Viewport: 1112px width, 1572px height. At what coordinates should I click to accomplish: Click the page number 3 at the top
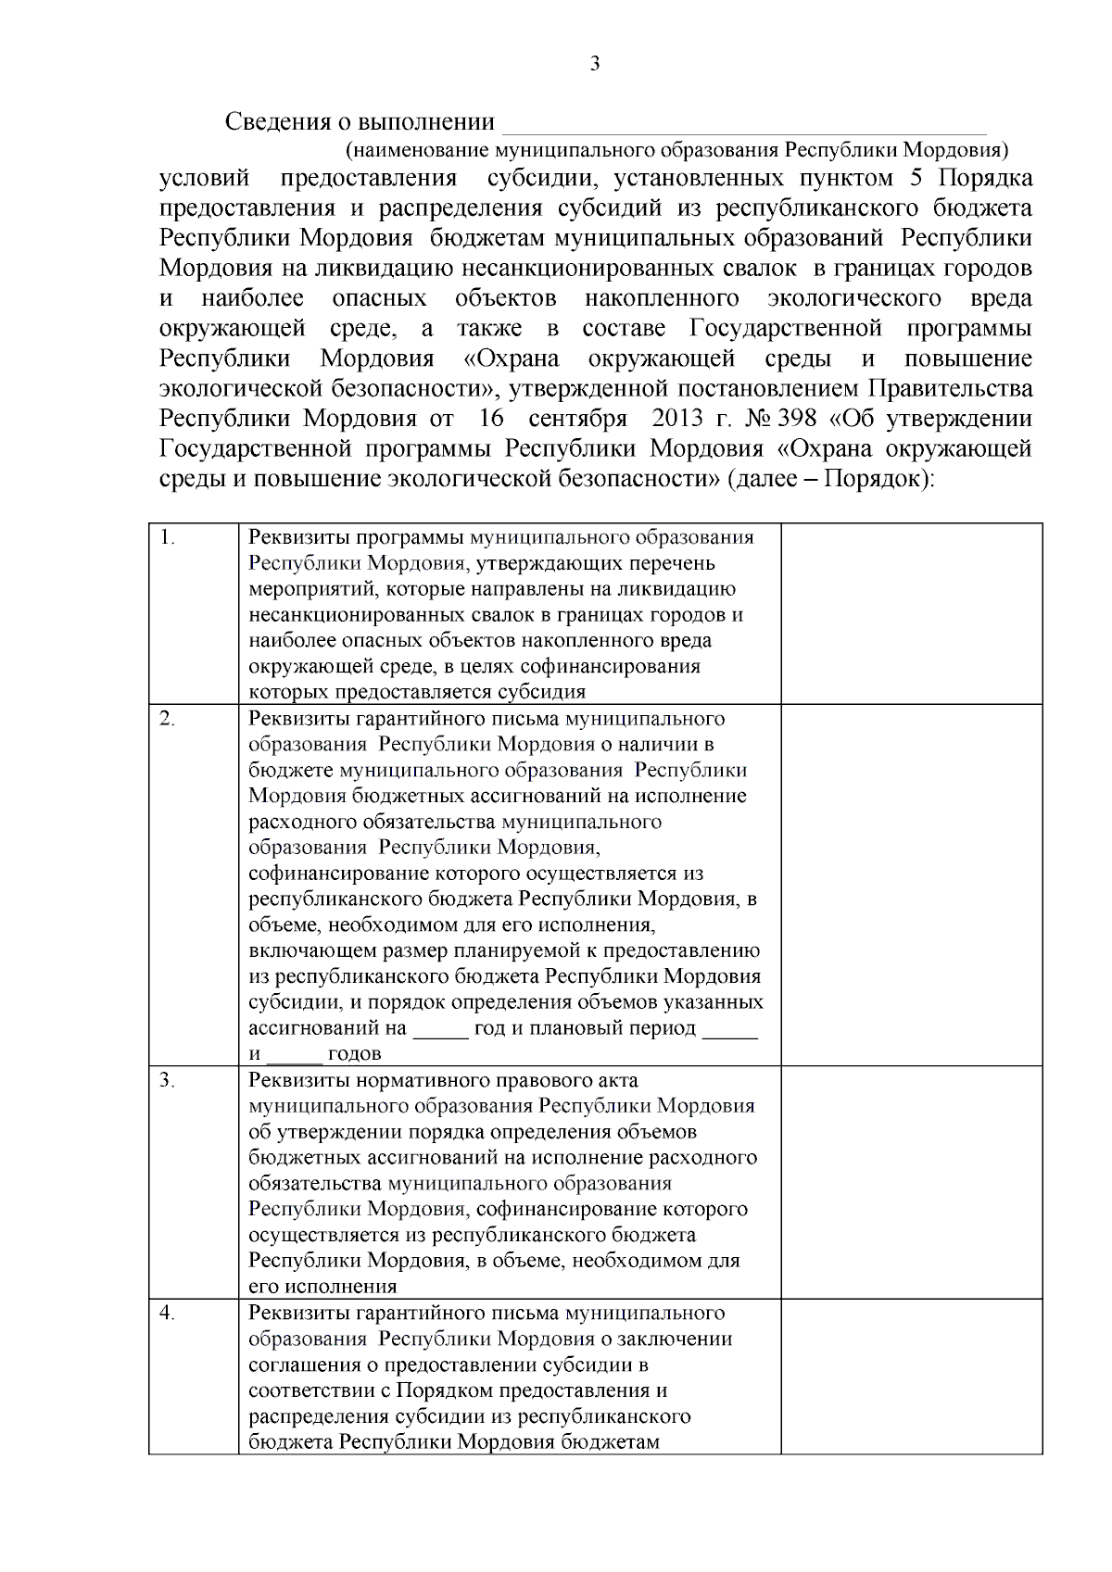click(594, 64)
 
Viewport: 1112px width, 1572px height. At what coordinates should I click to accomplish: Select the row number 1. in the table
click(168, 537)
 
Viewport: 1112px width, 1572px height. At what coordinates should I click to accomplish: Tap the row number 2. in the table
click(168, 719)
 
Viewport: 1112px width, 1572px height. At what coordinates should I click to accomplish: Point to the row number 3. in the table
click(168, 1080)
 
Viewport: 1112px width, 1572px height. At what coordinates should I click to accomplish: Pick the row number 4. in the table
click(168, 1313)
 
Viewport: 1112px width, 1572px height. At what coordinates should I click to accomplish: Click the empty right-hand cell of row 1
click(911, 613)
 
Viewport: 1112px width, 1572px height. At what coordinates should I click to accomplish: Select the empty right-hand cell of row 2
click(911, 885)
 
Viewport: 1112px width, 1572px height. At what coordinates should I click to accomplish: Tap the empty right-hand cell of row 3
click(911, 1182)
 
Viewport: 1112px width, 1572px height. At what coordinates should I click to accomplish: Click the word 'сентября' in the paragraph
click(577, 418)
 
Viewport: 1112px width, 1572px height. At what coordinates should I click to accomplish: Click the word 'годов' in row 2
click(354, 1054)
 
